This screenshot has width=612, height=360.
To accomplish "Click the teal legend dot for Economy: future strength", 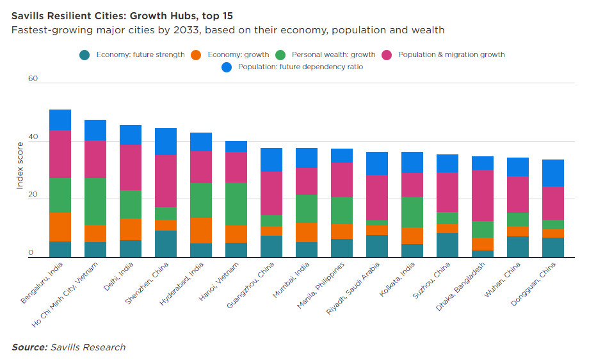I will click(x=85, y=55).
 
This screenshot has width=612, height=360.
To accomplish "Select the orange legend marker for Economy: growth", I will click(x=196, y=55).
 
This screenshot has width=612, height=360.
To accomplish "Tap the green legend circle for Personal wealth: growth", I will click(x=279, y=55).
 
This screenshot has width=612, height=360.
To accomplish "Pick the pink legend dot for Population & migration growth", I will click(x=386, y=55).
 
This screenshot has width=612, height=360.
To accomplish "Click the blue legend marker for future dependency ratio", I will click(x=226, y=67).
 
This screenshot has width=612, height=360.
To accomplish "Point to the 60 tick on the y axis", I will click(x=33, y=79).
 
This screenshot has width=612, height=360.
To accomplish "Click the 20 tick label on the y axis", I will click(x=33, y=198).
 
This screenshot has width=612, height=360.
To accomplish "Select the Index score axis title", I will click(x=20, y=165).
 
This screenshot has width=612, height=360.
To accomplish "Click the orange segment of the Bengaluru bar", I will click(x=60, y=227).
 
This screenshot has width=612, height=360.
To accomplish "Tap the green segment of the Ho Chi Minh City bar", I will click(x=95, y=201).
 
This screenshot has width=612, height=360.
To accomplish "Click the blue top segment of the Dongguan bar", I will click(x=553, y=173).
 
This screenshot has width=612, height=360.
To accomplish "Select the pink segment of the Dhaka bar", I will click(x=483, y=195).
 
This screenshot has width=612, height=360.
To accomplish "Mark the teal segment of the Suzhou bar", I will click(x=447, y=245).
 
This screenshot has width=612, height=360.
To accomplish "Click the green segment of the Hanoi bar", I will click(x=236, y=204).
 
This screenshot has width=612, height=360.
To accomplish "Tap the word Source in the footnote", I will click(x=29, y=347).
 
